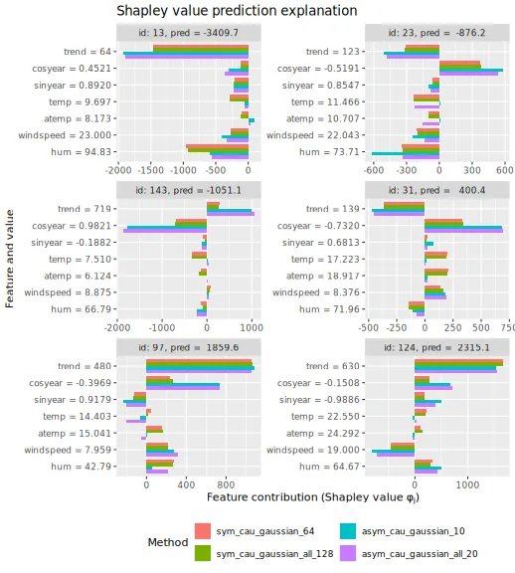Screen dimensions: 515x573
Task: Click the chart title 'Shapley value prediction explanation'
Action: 237,11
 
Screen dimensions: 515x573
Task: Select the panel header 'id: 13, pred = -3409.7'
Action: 189,33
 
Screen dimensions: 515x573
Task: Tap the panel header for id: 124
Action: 436,347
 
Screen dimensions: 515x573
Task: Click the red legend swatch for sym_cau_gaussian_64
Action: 203,531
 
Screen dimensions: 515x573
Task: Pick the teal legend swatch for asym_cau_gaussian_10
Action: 348,531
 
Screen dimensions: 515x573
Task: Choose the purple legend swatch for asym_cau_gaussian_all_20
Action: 348,553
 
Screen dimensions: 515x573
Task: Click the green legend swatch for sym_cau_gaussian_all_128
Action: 203,553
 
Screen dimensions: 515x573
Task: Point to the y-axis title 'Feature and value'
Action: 10,259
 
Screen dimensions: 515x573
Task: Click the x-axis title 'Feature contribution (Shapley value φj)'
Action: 313,497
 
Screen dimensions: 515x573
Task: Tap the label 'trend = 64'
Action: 87,52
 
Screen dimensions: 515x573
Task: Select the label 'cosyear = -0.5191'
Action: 318,69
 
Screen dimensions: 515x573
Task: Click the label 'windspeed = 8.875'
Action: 68,292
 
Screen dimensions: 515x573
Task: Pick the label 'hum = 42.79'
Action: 82,467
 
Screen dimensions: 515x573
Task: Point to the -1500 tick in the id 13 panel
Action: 151,170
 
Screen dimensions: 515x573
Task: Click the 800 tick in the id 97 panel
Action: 226,484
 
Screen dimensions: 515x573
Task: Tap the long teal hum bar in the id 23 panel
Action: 406,153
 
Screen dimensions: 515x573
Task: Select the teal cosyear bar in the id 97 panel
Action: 183,384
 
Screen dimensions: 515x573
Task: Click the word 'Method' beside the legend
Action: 168,542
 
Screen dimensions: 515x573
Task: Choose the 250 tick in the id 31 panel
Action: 453,327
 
